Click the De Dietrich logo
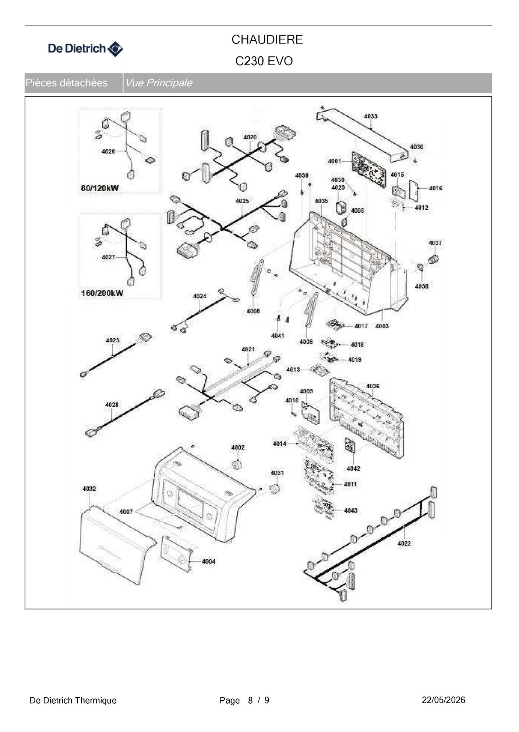tap(85, 49)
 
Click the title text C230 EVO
tap(264, 61)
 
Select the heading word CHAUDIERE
tap(267, 39)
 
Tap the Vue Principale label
tap(159, 83)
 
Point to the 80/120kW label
tap(100, 188)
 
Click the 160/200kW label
tap(102, 293)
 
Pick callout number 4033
tap(371, 116)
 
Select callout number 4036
tap(373, 386)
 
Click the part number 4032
tap(89, 489)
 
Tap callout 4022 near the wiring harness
tap(404, 543)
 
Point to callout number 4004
tap(209, 561)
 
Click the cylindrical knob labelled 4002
tap(236, 464)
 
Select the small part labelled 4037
tap(434, 259)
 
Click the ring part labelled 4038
tap(420, 266)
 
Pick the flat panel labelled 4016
tap(414, 191)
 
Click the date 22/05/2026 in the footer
tap(444, 700)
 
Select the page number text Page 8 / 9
tap(244, 700)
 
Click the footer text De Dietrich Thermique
tap(73, 700)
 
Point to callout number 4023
tap(112, 340)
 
